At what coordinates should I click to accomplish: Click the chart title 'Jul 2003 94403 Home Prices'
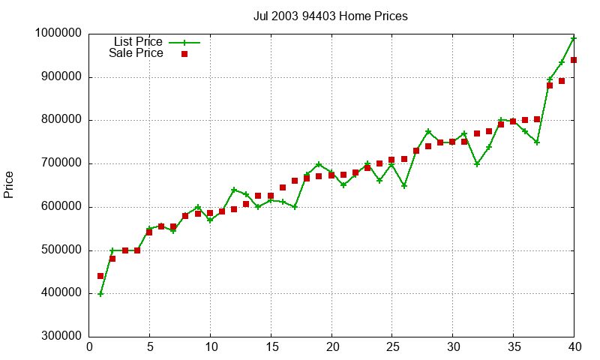(331, 16)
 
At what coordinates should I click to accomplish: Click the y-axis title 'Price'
(9, 184)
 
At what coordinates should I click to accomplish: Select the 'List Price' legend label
(137, 42)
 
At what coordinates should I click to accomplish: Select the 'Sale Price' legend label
(136, 53)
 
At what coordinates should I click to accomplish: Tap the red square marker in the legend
(184, 54)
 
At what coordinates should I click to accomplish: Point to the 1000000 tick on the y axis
(58, 34)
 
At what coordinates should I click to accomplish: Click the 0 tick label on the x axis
(89, 347)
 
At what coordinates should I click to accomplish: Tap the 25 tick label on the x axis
(392, 347)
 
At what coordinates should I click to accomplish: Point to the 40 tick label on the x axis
(574, 347)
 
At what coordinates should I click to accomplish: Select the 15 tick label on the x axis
(271, 347)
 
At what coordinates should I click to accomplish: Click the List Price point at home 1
(101, 294)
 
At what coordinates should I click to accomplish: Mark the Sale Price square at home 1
(101, 276)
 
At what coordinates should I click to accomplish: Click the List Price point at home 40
(574, 38)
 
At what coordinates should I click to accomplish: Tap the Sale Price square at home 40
(574, 60)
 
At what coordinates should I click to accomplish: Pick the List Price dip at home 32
(477, 163)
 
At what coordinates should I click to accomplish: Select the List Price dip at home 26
(404, 185)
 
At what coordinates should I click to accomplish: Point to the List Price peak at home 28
(428, 132)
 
